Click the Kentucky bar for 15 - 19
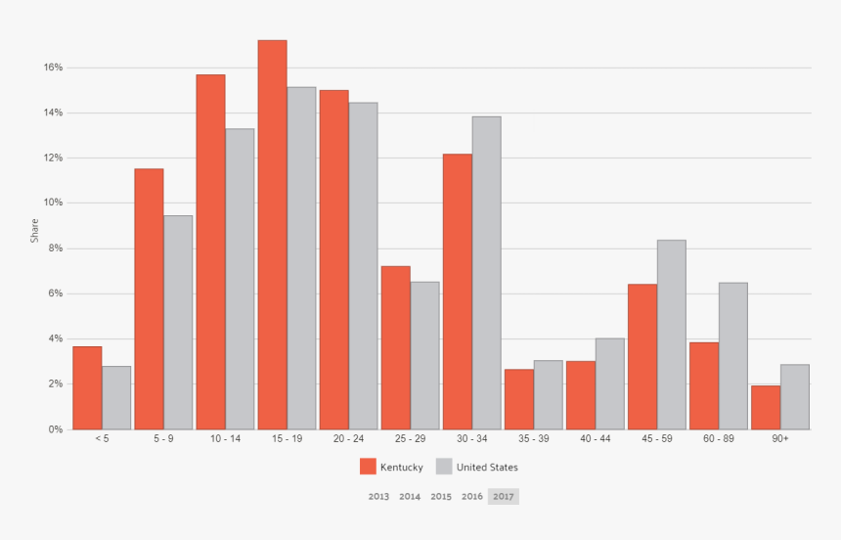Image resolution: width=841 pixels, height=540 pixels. coord(272,235)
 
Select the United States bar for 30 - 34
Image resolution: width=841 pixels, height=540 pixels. coord(486,273)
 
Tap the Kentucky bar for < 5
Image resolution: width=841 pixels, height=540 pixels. coord(87,387)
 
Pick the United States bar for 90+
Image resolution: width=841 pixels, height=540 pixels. coord(795,396)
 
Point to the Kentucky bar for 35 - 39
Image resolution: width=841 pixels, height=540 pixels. coord(518,399)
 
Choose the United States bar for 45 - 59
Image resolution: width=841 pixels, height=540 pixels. coord(671,335)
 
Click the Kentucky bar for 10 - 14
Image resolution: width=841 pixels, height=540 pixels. coord(210,251)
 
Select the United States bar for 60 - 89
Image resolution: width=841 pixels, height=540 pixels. coord(732,356)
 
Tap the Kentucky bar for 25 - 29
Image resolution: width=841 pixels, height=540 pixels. coord(395,347)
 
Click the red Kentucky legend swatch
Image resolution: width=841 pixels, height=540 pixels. coord(368,467)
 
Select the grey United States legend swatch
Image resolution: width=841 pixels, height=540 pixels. coord(443,467)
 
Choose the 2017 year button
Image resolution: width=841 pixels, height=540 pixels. coord(504,496)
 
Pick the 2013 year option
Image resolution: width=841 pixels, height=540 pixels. coord(378,496)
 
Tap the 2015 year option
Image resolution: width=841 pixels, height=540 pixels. coord(441,496)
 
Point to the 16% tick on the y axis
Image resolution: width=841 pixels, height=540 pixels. coord(53,67)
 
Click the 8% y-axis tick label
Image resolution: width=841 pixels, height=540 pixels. coord(56,248)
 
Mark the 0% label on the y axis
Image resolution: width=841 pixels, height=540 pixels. coord(56,429)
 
